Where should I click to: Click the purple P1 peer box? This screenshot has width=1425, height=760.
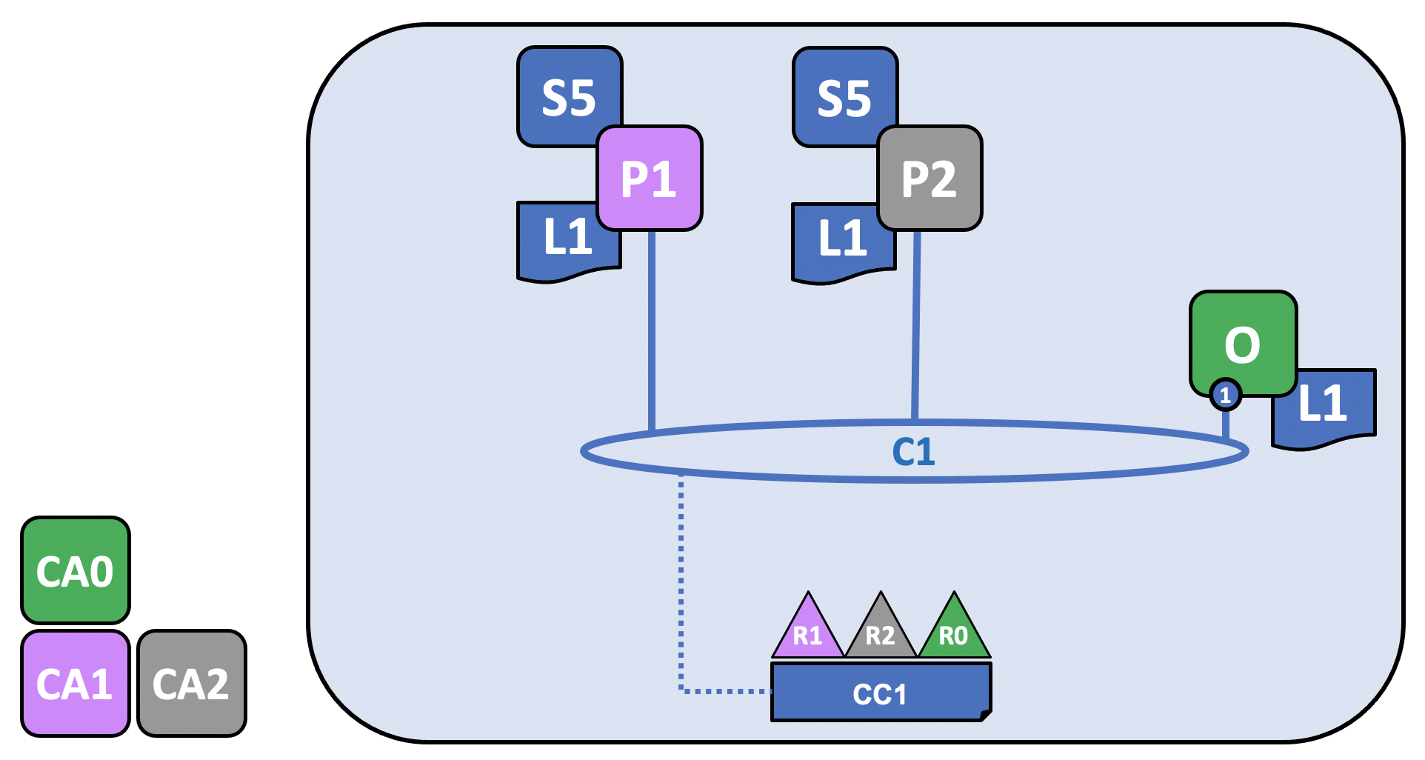(650, 179)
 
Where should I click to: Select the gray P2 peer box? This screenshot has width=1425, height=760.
(930, 179)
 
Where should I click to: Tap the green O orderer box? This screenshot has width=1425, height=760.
(1244, 344)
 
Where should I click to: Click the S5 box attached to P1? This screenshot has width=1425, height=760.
(569, 96)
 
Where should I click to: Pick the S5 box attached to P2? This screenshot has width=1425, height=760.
(844, 96)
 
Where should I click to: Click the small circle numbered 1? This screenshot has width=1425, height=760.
(1226, 395)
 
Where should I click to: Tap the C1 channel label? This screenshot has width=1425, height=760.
(913, 451)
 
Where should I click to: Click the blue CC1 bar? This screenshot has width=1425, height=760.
(881, 692)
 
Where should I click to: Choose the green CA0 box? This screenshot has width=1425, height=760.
(76, 570)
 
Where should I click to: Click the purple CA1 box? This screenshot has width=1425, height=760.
(76, 683)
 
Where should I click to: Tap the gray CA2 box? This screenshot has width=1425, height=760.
(192, 683)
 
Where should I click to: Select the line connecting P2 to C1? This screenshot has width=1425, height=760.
(916, 326)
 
